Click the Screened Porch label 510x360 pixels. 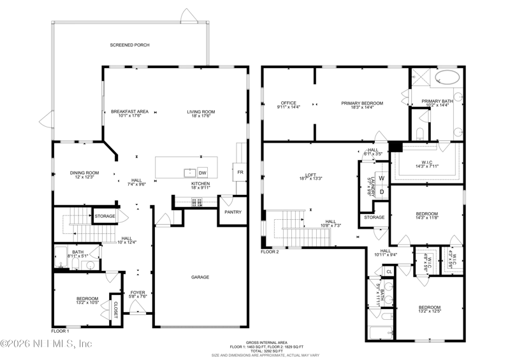coord(129,45)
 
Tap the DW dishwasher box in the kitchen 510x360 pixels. coord(202,173)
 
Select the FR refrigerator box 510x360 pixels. coord(240,173)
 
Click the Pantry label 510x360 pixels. coord(233,212)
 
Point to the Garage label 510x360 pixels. coord(201,277)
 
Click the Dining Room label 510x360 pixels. coord(84,173)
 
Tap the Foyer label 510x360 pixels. coord(138,294)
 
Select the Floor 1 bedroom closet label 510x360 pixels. coord(115,309)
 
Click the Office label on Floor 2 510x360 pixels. coord(289,103)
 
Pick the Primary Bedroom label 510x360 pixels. coord(361,103)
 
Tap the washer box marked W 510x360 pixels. coord(382,179)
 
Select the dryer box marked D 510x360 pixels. coord(382,192)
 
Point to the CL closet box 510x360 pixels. coord(389,271)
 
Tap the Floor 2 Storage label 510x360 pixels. coord(374,217)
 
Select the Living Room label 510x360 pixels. coord(200,112)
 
